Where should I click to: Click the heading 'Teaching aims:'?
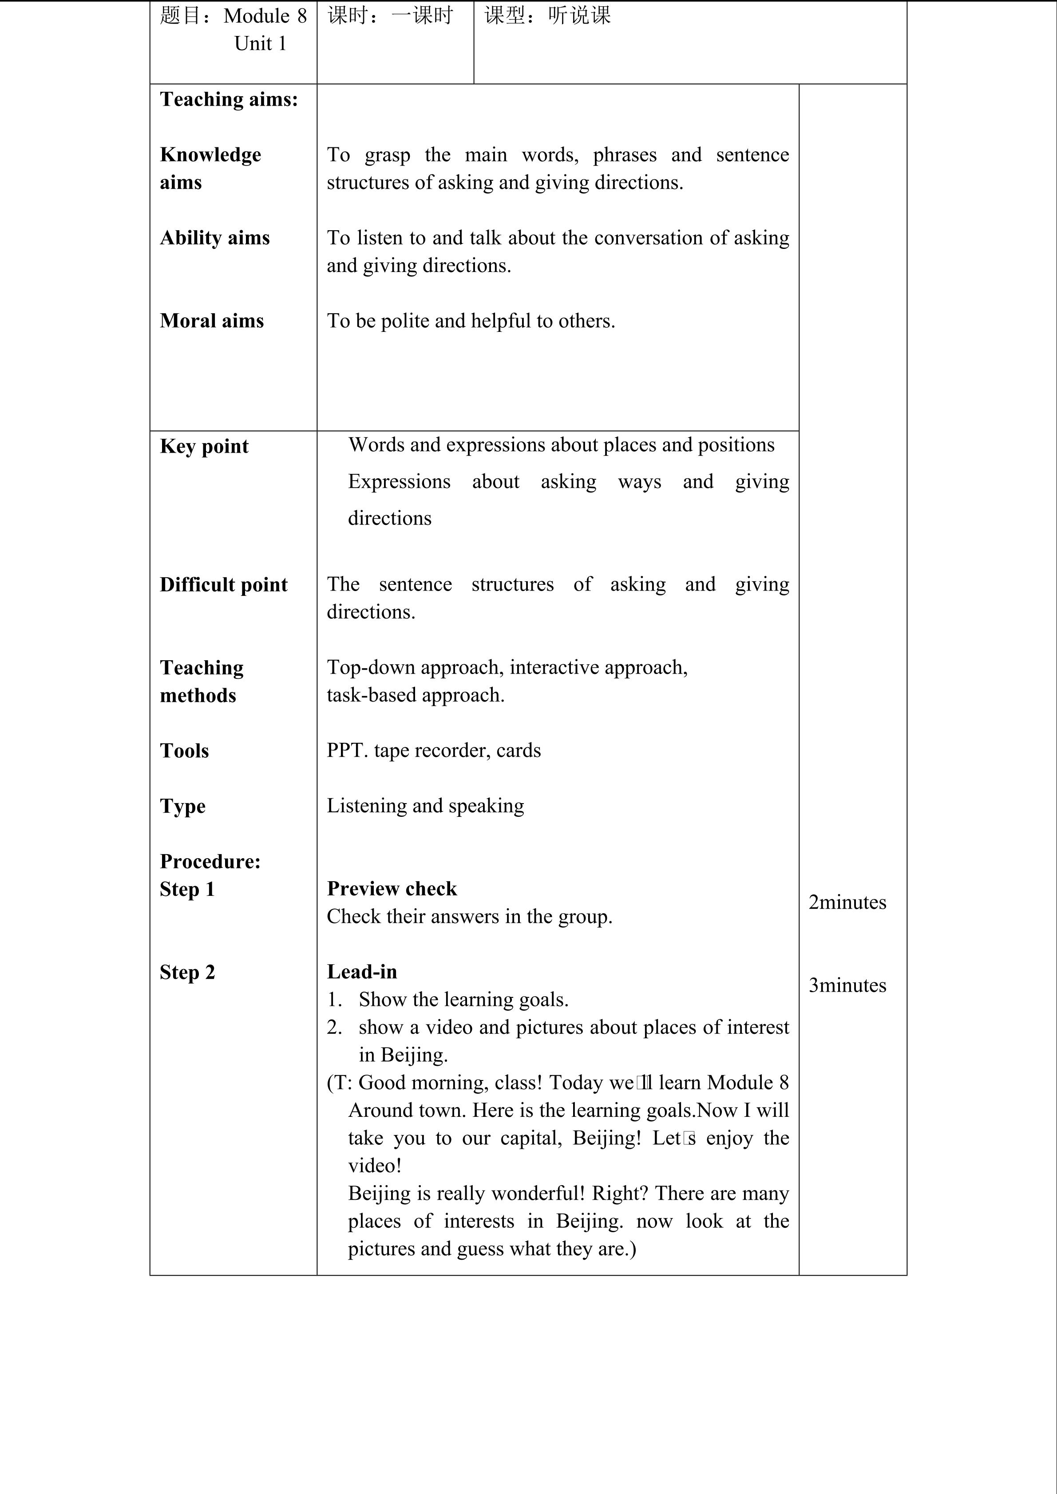click(229, 99)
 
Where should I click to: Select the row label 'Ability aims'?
click(215, 238)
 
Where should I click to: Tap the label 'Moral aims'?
click(211, 321)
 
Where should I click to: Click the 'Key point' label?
click(204, 446)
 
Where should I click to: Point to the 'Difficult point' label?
click(223, 585)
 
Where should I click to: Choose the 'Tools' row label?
click(184, 751)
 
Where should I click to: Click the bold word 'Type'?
click(182, 806)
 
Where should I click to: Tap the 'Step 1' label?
click(187, 890)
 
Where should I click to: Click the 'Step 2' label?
click(187, 972)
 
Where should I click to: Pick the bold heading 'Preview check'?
click(392, 889)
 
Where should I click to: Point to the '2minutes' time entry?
click(847, 903)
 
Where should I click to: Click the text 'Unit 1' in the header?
click(260, 43)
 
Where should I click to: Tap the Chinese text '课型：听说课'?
click(547, 16)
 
